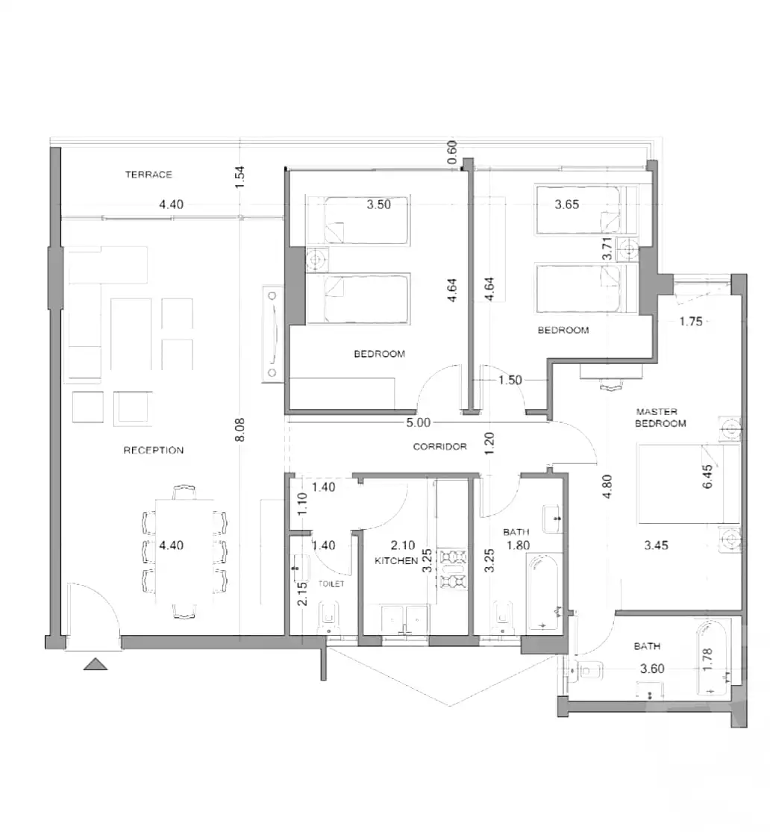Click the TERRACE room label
tap(148, 175)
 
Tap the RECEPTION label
tap(154, 450)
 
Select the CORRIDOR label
tap(440, 447)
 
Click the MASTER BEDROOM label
tap(660, 418)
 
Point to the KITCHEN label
tap(396, 560)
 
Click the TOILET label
tap(332, 584)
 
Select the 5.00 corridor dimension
tap(418, 422)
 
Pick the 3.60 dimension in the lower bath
tap(652, 669)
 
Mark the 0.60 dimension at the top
tap(451, 151)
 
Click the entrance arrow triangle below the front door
tap(95, 664)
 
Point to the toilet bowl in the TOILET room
tap(328, 619)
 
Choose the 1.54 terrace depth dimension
tap(240, 177)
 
